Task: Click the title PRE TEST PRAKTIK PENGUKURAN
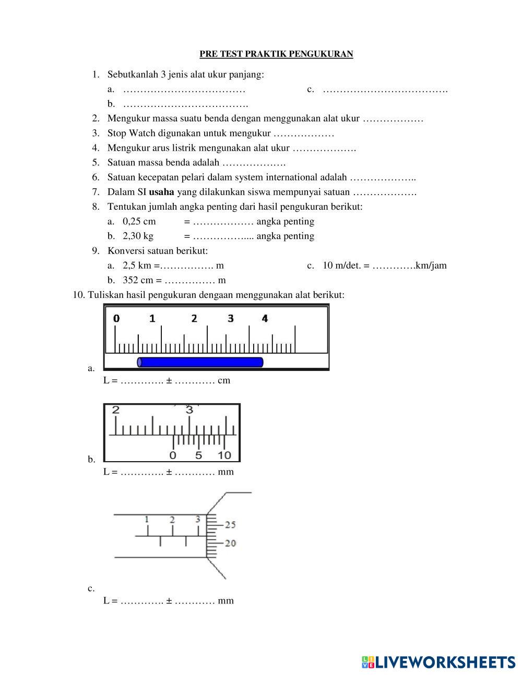(x=276, y=54)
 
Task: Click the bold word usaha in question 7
(x=161, y=192)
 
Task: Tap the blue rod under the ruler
(x=200, y=362)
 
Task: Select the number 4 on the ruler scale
(x=265, y=318)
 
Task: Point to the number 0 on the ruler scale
(x=116, y=318)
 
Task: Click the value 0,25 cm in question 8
(x=139, y=221)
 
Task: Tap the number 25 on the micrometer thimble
(x=230, y=524)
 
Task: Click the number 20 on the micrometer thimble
(x=230, y=543)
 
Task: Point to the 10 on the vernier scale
(x=224, y=455)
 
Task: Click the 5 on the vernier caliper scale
(x=198, y=455)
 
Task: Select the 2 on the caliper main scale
(x=115, y=409)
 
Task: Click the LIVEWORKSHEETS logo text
(x=445, y=662)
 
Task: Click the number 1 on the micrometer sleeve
(x=147, y=519)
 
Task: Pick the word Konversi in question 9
(x=123, y=250)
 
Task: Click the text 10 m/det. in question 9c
(x=341, y=266)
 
